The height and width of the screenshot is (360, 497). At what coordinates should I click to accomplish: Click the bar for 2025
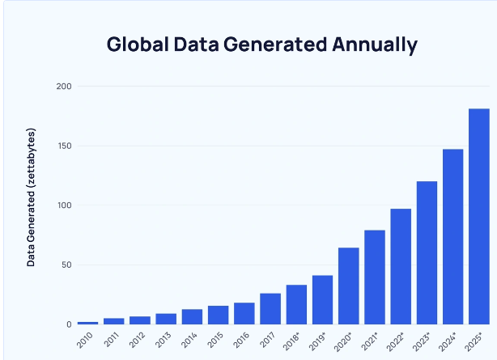click(478, 217)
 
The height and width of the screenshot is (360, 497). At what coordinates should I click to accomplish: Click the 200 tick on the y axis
click(64, 87)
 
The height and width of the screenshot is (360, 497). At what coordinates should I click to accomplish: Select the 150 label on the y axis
click(64, 146)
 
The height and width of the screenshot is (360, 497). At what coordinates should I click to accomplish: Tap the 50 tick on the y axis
click(66, 265)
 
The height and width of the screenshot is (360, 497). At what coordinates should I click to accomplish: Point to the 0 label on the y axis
click(69, 324)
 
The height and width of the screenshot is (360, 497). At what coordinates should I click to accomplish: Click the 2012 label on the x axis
click(138, 340)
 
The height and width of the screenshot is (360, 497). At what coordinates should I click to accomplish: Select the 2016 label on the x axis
click(242, 340)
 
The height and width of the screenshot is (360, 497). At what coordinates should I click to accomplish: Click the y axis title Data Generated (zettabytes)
click(32, 197)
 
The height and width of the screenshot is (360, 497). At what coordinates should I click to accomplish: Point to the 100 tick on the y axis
click(64, 205)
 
